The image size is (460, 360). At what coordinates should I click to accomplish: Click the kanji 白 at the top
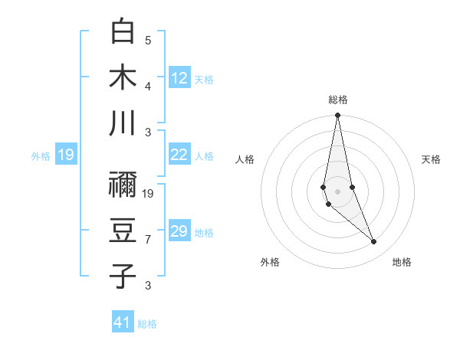(123, 31)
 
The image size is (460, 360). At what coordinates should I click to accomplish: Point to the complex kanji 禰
(123, 185)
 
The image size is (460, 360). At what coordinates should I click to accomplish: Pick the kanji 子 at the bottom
(123, 275)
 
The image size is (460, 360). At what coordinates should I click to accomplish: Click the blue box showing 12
(179, 77)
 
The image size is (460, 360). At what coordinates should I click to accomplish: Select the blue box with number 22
(179, 155)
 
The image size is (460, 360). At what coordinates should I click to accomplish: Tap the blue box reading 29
(179, 231)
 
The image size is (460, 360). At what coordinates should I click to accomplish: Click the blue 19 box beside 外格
(66, 155)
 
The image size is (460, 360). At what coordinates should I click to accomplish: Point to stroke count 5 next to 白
(148, 40)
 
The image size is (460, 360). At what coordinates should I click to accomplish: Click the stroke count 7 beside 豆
(148, 240)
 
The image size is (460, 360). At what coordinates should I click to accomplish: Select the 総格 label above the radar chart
(337, 100)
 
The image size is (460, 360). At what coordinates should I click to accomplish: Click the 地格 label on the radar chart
(402, 262)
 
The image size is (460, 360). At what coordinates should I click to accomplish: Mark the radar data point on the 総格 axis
(337, 116)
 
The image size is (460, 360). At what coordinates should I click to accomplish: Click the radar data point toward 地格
(373, 242)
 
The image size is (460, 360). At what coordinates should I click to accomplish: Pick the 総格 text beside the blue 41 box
(147, 324)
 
